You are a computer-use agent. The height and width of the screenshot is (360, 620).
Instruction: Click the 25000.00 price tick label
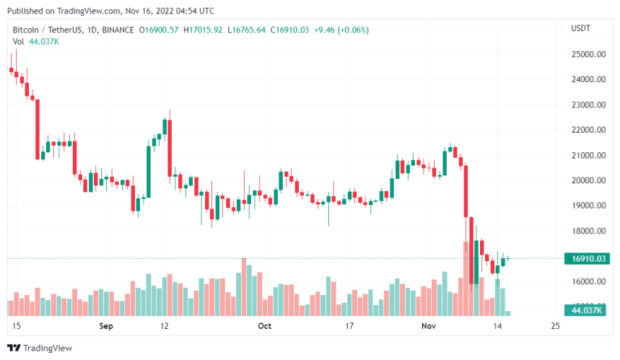click(588, 54)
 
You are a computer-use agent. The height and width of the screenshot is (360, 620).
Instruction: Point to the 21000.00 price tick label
click(588, 155)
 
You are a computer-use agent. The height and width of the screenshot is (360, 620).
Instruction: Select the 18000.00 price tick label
click(588, 231)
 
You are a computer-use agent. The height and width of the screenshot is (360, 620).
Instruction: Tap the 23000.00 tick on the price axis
click(588, 105)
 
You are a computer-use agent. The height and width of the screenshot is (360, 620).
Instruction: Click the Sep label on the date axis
click(107, 326)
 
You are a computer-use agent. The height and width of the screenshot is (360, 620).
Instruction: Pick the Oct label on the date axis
click(264, 326)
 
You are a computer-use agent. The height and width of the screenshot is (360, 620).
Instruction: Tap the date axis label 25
click(554, 326)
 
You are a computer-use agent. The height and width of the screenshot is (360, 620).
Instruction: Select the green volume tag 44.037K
click(586, 311)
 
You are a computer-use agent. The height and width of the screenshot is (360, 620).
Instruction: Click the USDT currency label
click(580, 29)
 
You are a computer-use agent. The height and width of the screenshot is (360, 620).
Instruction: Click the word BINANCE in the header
click(117, 30)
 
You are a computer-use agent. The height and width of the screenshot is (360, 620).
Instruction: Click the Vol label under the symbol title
click(19, 41)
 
